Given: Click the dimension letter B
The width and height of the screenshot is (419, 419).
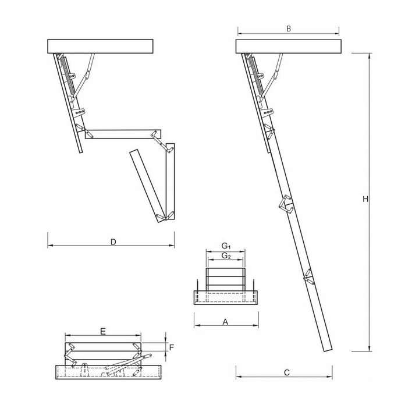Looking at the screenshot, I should pos(289,28).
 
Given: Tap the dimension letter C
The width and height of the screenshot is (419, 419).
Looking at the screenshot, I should pos(286,373).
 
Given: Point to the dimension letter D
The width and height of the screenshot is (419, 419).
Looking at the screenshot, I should pos(113,241).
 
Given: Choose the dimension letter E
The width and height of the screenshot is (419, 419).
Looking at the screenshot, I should pos(102,331).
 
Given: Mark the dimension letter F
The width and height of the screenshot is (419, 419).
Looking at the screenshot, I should pos(171,347).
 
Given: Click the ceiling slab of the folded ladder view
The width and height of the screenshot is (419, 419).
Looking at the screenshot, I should pos(100,46).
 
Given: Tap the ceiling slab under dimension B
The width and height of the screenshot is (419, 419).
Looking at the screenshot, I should pos(287,46).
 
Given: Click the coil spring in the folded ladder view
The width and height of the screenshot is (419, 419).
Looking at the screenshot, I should pos(69,76).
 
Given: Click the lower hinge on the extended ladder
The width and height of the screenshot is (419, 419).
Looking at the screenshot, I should pos(307,276).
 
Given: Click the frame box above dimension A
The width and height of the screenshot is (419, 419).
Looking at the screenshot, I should pos(225,297).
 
